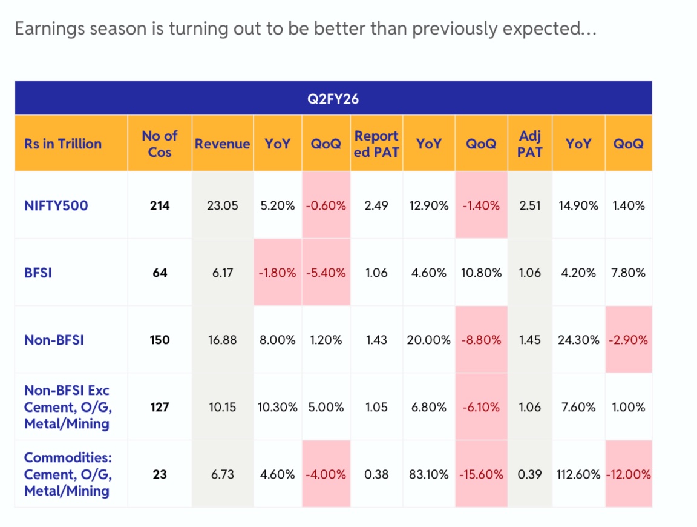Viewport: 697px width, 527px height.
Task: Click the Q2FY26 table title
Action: pyautogui.click(x=333, y=98)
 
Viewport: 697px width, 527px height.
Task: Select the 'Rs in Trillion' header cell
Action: pyautogui.click(x=63, y=144)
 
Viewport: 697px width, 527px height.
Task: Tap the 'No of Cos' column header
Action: pyautogui.click(x=160, y=144)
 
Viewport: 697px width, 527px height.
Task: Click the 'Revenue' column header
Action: pyautogui.click(x=222, y=144)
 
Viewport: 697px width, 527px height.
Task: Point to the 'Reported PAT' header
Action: pyautogui.click(x=376, y=144)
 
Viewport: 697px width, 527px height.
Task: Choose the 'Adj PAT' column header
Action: pyautogui.click(x=529, y=144)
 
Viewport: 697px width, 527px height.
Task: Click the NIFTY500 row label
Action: pyautogui.click(x=56, y=205)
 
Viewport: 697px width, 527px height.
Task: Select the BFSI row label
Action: pyautogui.click(x=38, y=273)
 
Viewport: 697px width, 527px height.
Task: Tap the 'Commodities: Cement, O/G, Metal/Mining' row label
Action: pyautogui.click(x=68, y=474)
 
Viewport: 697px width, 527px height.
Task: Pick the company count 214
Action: pyautogui.click(x=160, y=205)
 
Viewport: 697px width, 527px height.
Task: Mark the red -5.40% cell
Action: pyautogui.click(x=326, y=273)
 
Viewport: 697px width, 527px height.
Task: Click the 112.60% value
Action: pyautogui.click(x=578, y=474)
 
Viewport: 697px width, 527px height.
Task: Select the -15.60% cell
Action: pyautogui.click(x=481, y=474)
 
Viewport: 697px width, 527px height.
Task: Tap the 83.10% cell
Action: pyautogui.click(x=428, y=474)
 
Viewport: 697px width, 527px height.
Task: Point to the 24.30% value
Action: pyautogui.click(x=578, y=340)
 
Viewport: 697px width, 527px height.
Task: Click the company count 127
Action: pyautogui.click(x=160, y=407)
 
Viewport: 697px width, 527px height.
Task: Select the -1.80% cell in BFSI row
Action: pyautogui.click(x=277, y=273)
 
